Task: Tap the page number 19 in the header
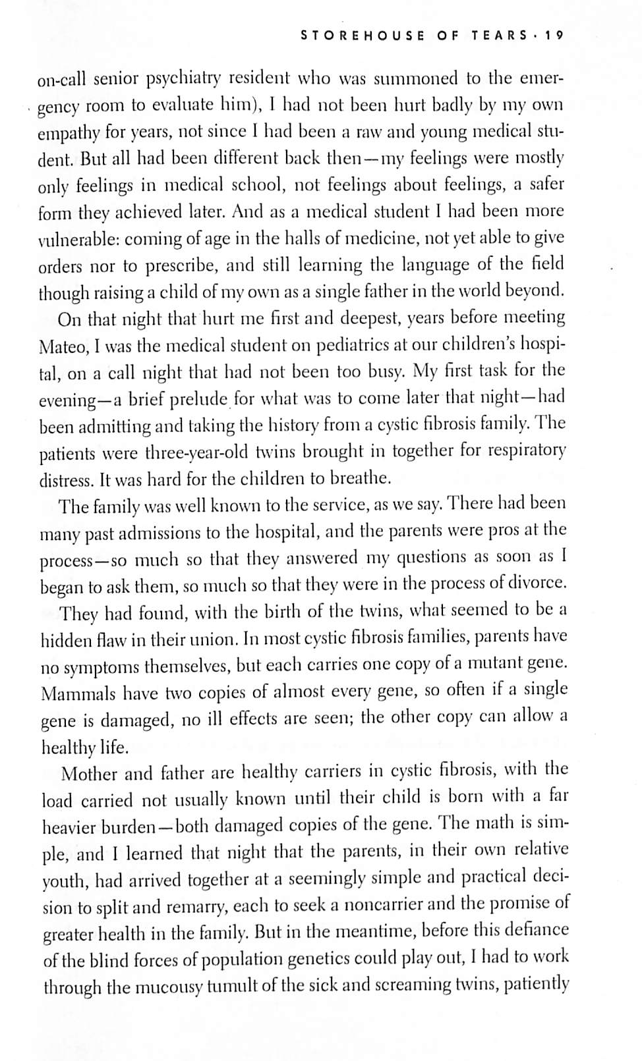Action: pos(554,36)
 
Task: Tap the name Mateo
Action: pos(64,346)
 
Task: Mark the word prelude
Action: pos(198,399)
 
